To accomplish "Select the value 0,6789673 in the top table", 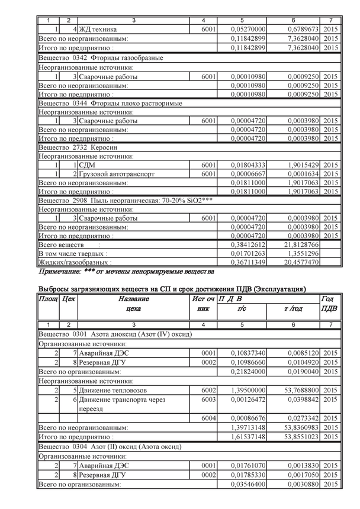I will pos(302,29).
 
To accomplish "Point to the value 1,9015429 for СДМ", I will pos(302,165).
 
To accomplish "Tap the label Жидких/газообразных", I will pos(75,262).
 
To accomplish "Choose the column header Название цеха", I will pos(133,304).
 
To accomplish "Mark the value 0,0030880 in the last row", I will pos(302,484).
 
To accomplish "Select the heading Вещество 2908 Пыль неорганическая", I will pos(125,201).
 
